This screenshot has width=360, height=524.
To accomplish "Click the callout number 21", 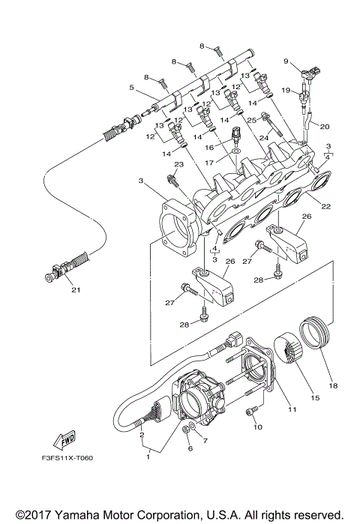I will click(74, 291).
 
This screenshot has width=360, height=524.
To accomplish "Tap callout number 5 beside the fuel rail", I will click(132, 88).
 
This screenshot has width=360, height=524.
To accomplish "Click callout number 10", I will click(258, 428).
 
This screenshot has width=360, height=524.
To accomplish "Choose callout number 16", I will click(222, 148).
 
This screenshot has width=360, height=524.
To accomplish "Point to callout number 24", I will click(265, 136).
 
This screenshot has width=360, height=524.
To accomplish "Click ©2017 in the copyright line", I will click(30, 514).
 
